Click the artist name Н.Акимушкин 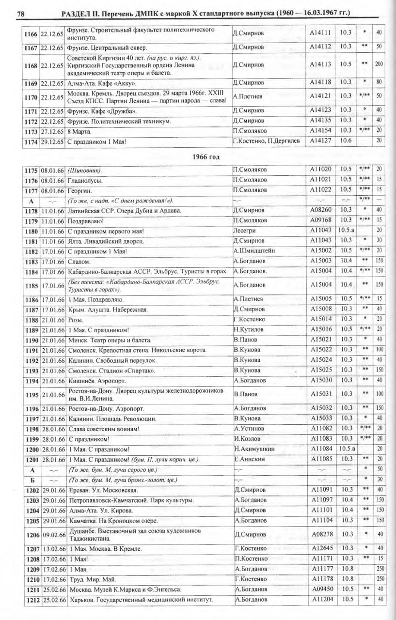pyautogui.click(x=254, y=449)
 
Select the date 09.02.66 pyautogui.click(x=53, y=535)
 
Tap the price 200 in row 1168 pyautogui.click(x=379, y=64)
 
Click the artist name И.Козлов pyautogui.click(x=247, y=438)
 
